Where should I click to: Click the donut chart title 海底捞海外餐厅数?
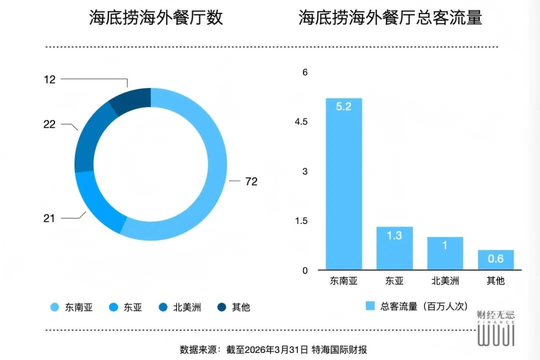pyautogui.click(x=156, y=17)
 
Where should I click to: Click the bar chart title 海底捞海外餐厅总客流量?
pyautogui.click(x=390, y=17)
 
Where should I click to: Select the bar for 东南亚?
pyautogui.click(x=343, y=184)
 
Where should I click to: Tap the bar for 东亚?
pyautogui.click(x=394, y=248)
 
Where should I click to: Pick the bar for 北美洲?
pyautogui.click(x=445, y=253)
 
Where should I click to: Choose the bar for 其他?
pyautogui.click(x=496, y=260)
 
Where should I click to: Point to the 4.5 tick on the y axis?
pyautogui.click(x=301, y=122)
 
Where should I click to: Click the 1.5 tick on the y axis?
pyautogui.click(x=301, y=221)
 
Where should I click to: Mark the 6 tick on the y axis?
pyautogui.click(x=305, y=72)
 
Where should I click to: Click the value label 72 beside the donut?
pyautogui.click(x=252, y=181)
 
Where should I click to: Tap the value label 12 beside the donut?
pyautogui.click(x=50, y=79)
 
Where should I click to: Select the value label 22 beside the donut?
pyautogui.click(x=50, y=124)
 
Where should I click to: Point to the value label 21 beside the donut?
pyautogui.click(x=49, y=218)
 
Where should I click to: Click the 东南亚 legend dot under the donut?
pyautogui.click(x=55, y=307)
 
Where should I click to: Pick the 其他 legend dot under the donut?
pyautogui.click(x=222, y=307)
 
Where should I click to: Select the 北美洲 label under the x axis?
pyautogui.click(x=445, y=281)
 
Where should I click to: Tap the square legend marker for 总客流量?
pyautogui.click(x=370, y=305)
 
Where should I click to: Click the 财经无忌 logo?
pyautogui.click(x=496, y=328)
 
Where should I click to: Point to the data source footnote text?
pyautogui.click(x=273, y=350)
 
